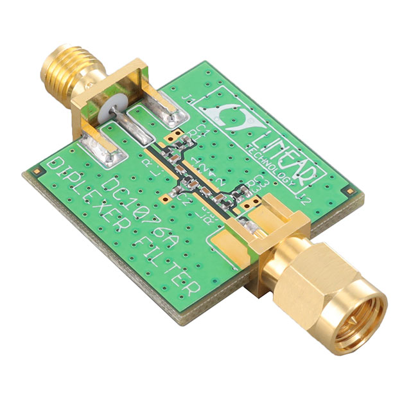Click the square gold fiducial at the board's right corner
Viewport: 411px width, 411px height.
pos(347,191)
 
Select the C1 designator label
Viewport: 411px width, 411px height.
pos(200,130)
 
